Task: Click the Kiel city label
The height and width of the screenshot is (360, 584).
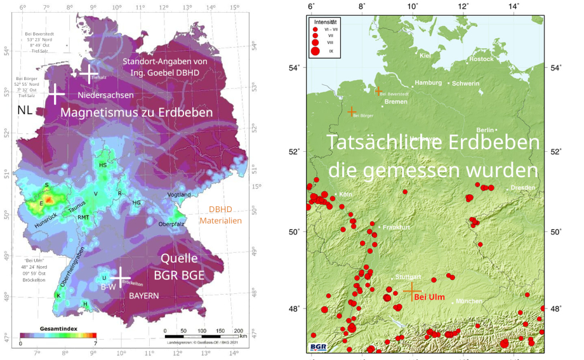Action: pyautogui.click(x=425, y=56)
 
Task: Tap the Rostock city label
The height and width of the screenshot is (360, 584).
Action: pyautogui.click(x=481, y=59)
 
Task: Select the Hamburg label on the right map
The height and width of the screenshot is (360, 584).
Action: pyautogui.click(x=428, y=83)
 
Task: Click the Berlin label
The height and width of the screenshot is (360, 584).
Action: pyautogui.click(x=486, y=130)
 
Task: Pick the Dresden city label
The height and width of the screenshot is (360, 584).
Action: pyautogui.click(x=522, y=188)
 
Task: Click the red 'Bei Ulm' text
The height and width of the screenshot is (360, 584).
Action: pyautogui.click(x=429, y=297)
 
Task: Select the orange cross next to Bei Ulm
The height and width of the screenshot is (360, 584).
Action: pyautogui.click(x=412, y=290)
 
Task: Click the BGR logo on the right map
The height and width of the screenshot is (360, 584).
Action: pyautogui.click(x=319, y=347)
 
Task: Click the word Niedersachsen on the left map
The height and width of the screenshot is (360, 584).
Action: pyautogui.click(x=105, y=95)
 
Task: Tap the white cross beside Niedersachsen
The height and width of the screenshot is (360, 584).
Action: pyautogui.click(x=56, y=94)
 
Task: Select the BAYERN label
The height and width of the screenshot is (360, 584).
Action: pyautogui.click(x=145, y=296)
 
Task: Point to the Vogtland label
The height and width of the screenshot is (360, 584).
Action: pyautogui.click(x=179, y=194)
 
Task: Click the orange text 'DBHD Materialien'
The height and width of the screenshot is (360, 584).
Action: pyautogui.click(x=221, y=215)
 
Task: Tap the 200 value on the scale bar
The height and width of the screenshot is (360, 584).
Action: pyautogui.click(x=239, y=331)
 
